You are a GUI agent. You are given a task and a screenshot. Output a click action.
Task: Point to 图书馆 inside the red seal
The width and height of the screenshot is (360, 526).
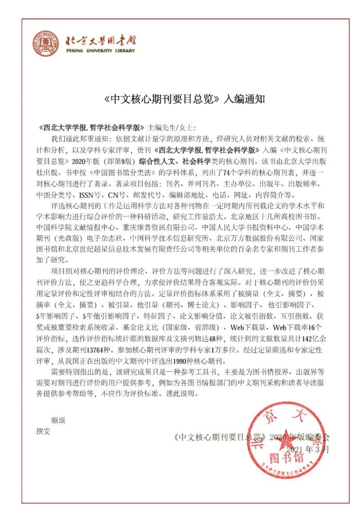tap(286, 458)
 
